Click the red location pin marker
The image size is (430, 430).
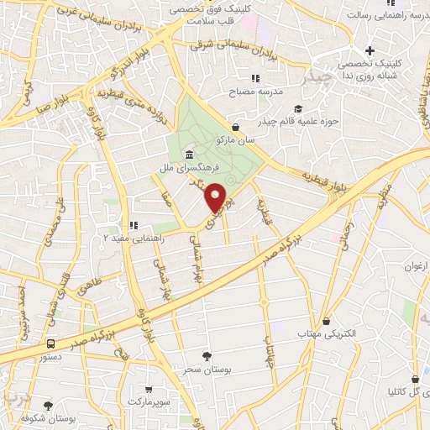(216, 198)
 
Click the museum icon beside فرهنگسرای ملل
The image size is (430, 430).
(187, 156)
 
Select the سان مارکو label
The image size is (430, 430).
(234, 139)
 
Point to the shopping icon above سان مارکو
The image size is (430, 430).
(235, 127)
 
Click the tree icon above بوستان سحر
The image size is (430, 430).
(207, 356)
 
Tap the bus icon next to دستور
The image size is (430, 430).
(51, 344)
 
